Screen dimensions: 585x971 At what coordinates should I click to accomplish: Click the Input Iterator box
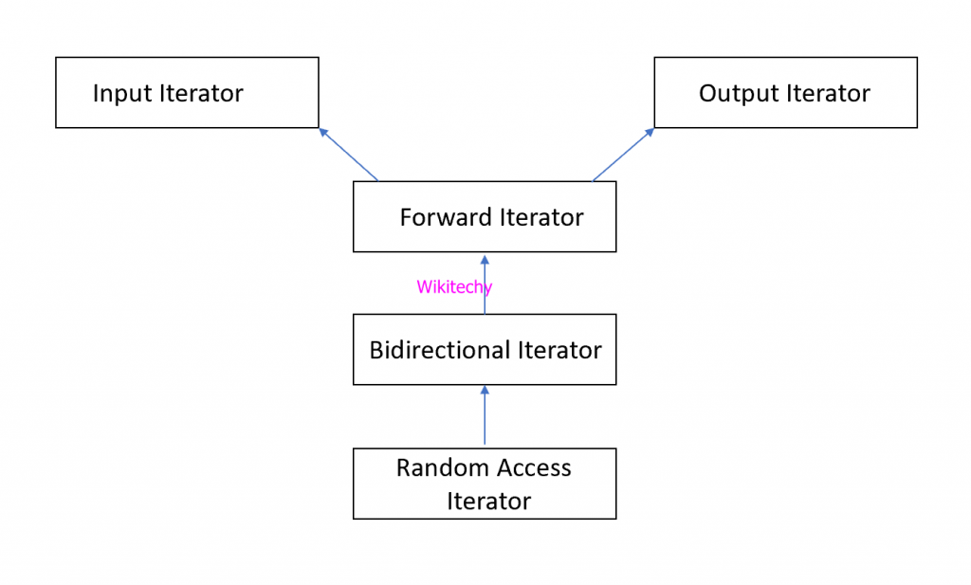point(187,93)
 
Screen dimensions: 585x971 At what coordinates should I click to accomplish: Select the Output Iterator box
point(785,93)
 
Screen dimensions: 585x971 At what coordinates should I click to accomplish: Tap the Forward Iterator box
point(485,217)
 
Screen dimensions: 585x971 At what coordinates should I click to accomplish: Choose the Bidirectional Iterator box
point(485,350)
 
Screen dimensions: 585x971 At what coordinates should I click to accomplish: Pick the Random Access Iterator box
point(485,484)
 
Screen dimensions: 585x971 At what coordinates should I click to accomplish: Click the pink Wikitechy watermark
point(454,287)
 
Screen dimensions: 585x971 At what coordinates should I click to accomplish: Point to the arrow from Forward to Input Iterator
point(349,155)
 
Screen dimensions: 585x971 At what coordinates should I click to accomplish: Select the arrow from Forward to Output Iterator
point(623,155)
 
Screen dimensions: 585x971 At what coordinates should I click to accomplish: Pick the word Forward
point(439,217)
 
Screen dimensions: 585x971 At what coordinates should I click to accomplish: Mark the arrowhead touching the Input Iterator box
point(323,132)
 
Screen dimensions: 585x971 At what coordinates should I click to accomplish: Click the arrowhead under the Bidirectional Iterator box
point(485,390)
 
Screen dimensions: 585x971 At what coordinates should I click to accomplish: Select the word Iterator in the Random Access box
point(488,501)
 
